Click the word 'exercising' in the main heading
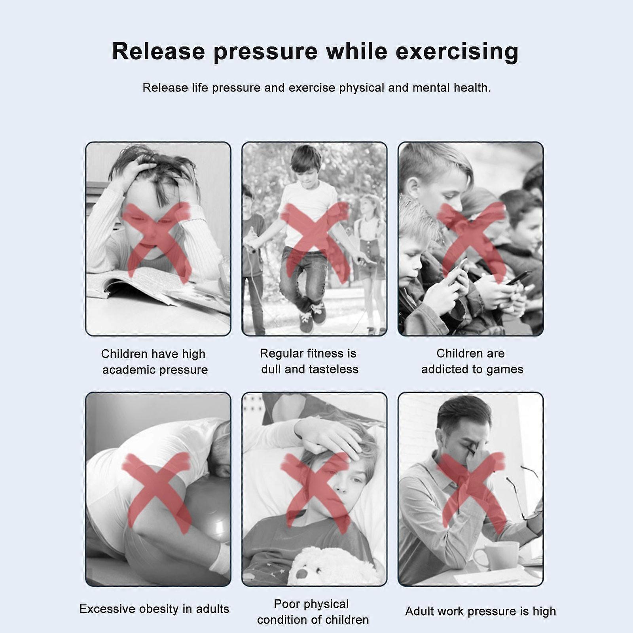tap(457, 52)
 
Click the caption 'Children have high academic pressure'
tap(154, 362)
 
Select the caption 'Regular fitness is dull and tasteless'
tap(309, 361)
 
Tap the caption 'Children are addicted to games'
tap(472, 361)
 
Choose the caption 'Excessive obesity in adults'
tap(154, 609)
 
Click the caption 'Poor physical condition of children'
tap(313, 612)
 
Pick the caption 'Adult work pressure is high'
tap(480, 611)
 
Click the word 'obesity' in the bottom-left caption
tap(157, 609)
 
